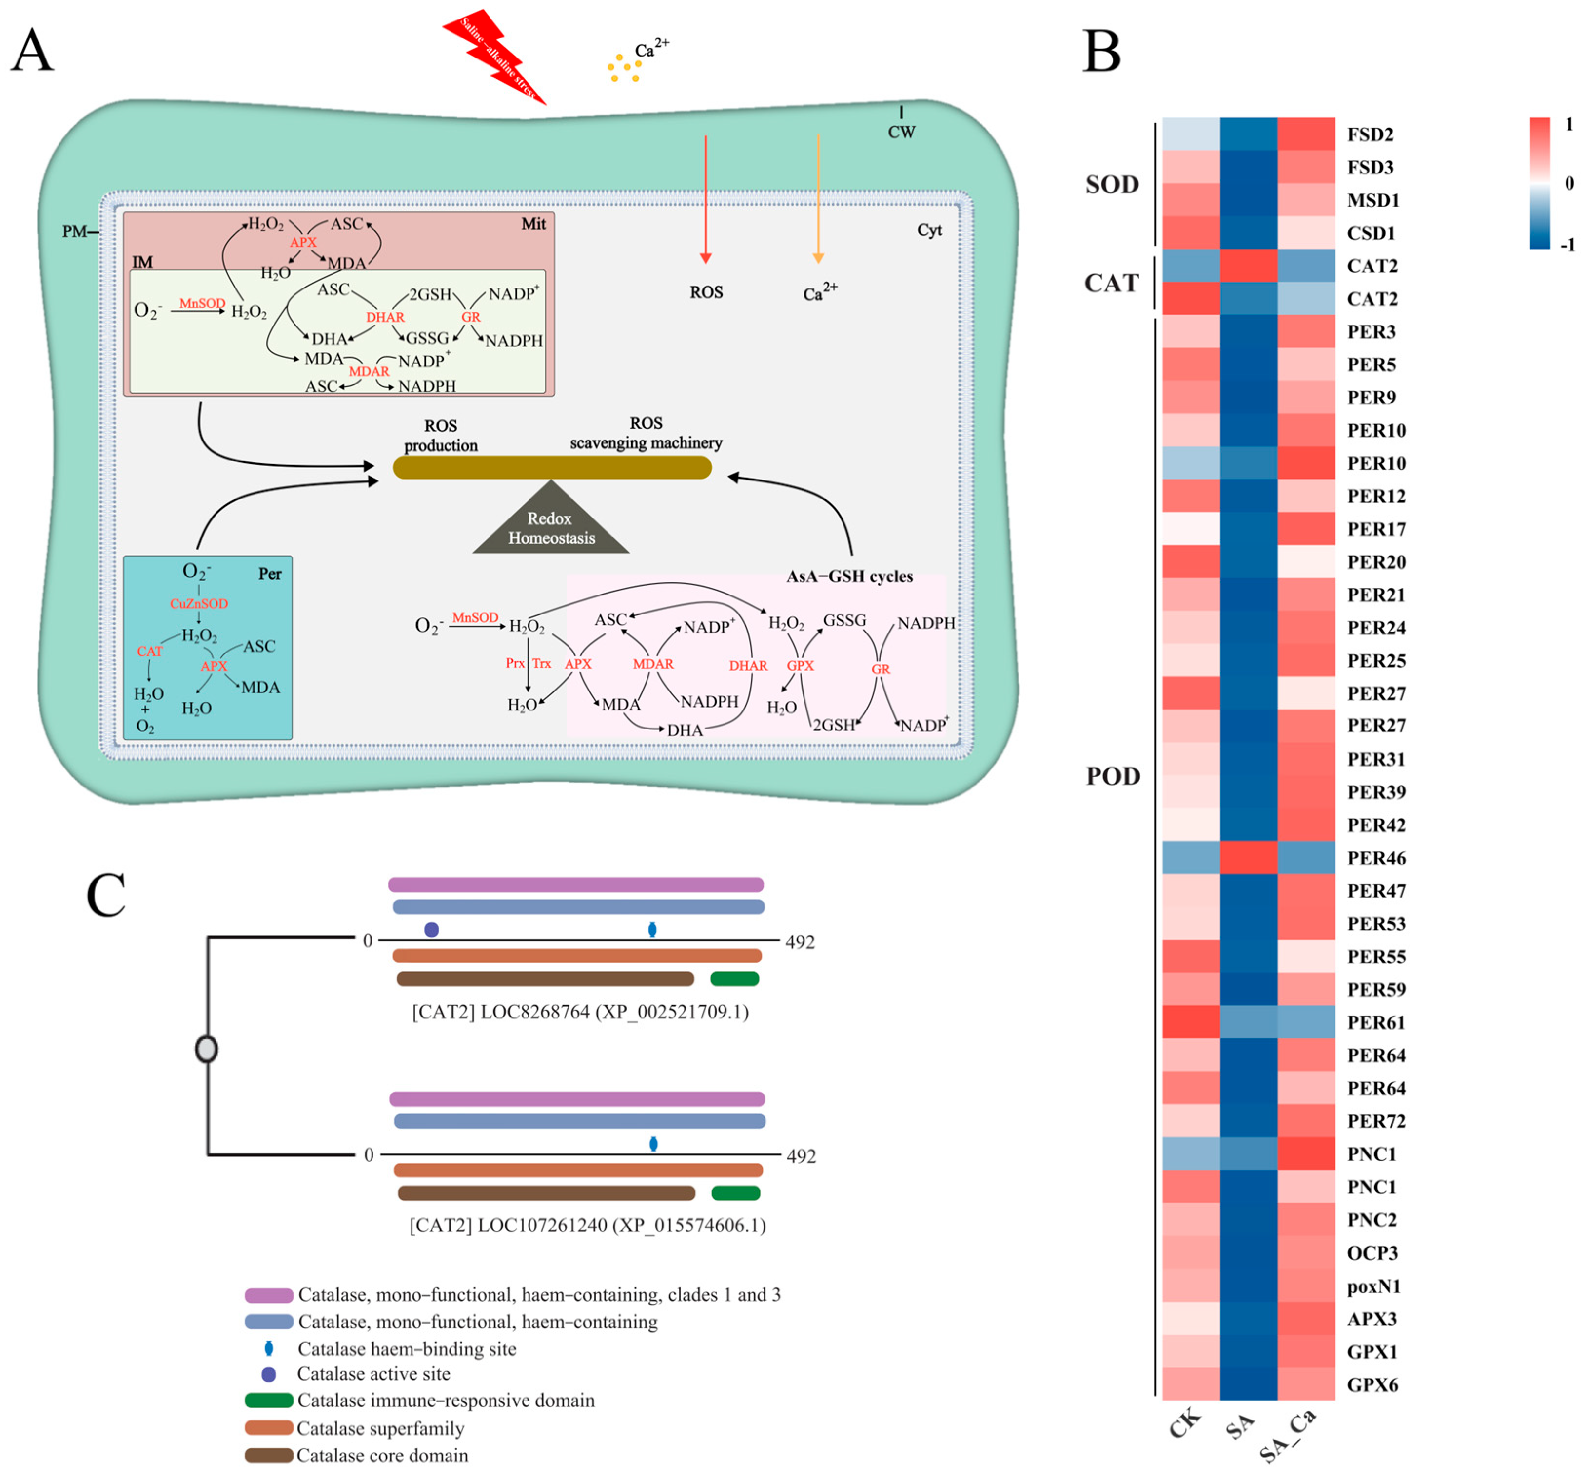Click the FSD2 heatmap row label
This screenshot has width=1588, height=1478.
1370,134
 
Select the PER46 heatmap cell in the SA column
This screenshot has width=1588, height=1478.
1249,858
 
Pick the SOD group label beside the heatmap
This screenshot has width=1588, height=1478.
1112,185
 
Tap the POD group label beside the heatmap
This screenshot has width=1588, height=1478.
1113,776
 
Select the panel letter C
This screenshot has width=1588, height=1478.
106,895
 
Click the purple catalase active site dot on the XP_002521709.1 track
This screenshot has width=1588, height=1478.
431,929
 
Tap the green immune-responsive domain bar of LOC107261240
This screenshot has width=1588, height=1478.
735,1193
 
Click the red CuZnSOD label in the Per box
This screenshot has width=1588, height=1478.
199,604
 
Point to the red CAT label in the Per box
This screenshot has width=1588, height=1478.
149,652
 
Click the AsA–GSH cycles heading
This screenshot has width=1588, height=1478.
849,576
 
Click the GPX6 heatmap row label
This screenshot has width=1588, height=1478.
1372,1384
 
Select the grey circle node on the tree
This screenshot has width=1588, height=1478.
207,1048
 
